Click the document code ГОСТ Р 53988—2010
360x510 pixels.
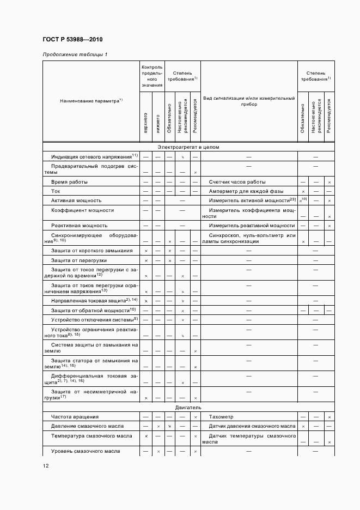point(72,39)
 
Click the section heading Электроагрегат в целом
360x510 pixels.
point(188,147)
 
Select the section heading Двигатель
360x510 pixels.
point(188,407)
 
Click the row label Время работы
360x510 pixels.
point(69,181)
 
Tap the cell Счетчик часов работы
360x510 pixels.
point(237,181)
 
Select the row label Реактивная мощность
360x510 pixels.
point(79,225)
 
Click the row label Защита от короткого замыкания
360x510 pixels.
point(91,251)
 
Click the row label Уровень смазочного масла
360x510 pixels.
point(86,451)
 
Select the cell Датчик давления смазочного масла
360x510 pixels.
point(252,426)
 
